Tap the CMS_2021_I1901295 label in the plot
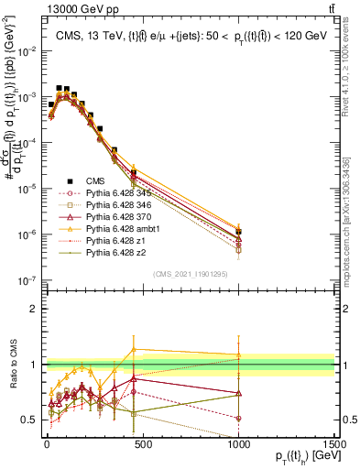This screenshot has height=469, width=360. pos(191,274)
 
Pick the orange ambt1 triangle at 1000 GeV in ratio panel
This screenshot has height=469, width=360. pos(238,354)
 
